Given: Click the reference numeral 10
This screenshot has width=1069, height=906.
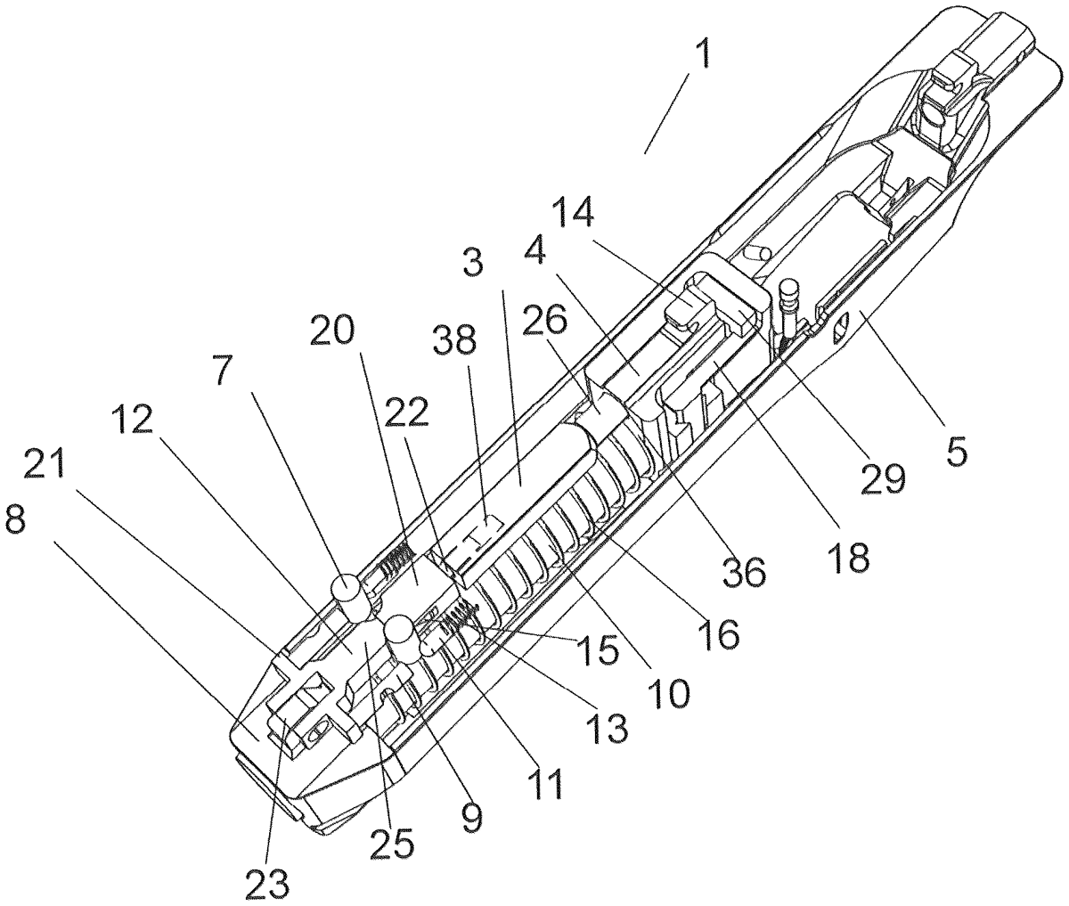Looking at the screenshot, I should click(668, 691).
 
